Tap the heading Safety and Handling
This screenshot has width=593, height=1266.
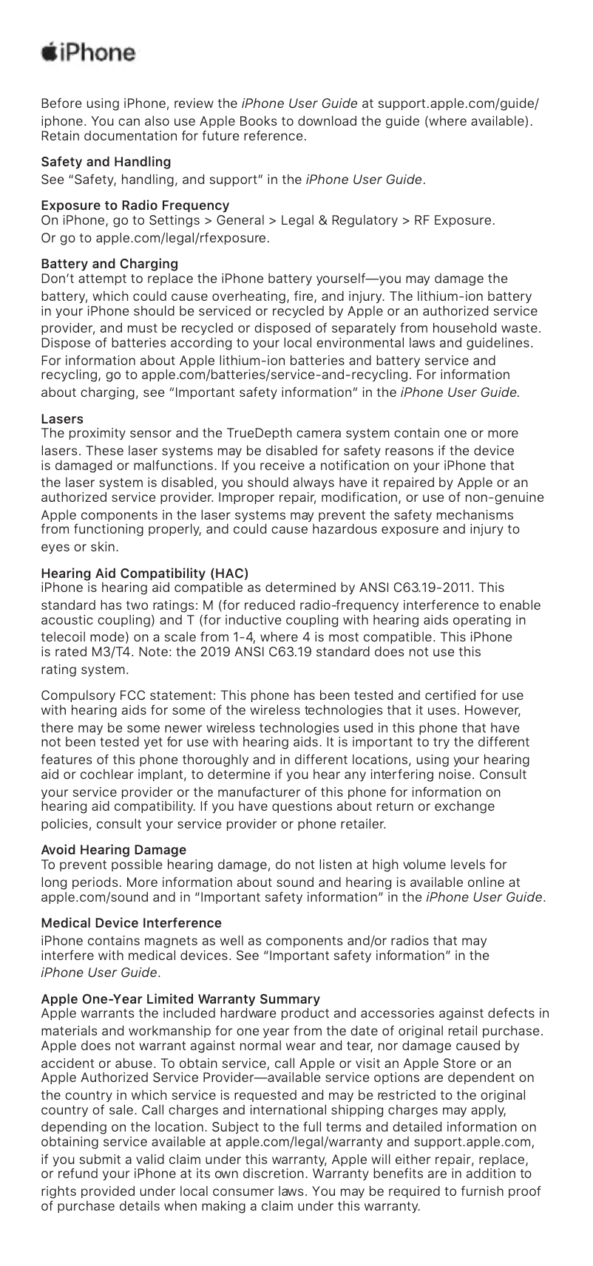tap(106, 161)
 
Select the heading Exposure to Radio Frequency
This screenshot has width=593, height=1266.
tap(135, 205)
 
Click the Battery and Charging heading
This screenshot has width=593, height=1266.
tap(109, 263)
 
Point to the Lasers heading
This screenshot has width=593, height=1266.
tap(62, 419)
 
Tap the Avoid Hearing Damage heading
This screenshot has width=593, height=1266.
tap(114, 850)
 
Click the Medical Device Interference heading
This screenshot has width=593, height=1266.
tap(132, 923)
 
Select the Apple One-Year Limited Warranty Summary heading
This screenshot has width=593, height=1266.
tap(180, 999)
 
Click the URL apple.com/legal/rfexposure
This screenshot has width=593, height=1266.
tap(172, 239)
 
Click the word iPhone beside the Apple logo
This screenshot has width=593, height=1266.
tap(99, 54)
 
